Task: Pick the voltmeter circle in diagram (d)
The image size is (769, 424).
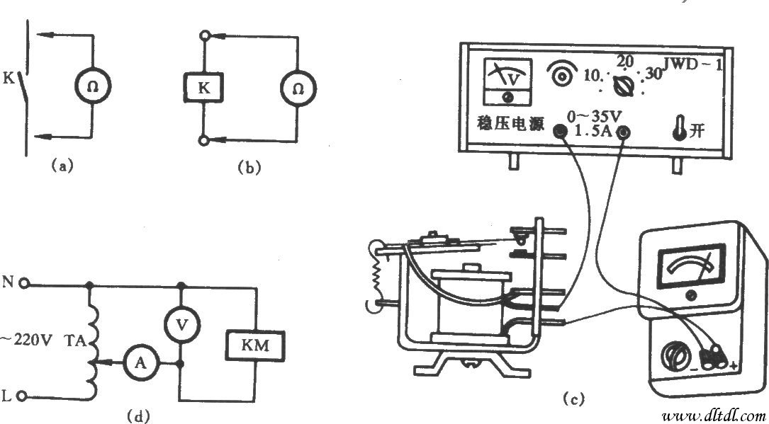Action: click(x=181, y=323)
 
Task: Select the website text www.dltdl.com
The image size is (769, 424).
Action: click(x=714, y=415)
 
